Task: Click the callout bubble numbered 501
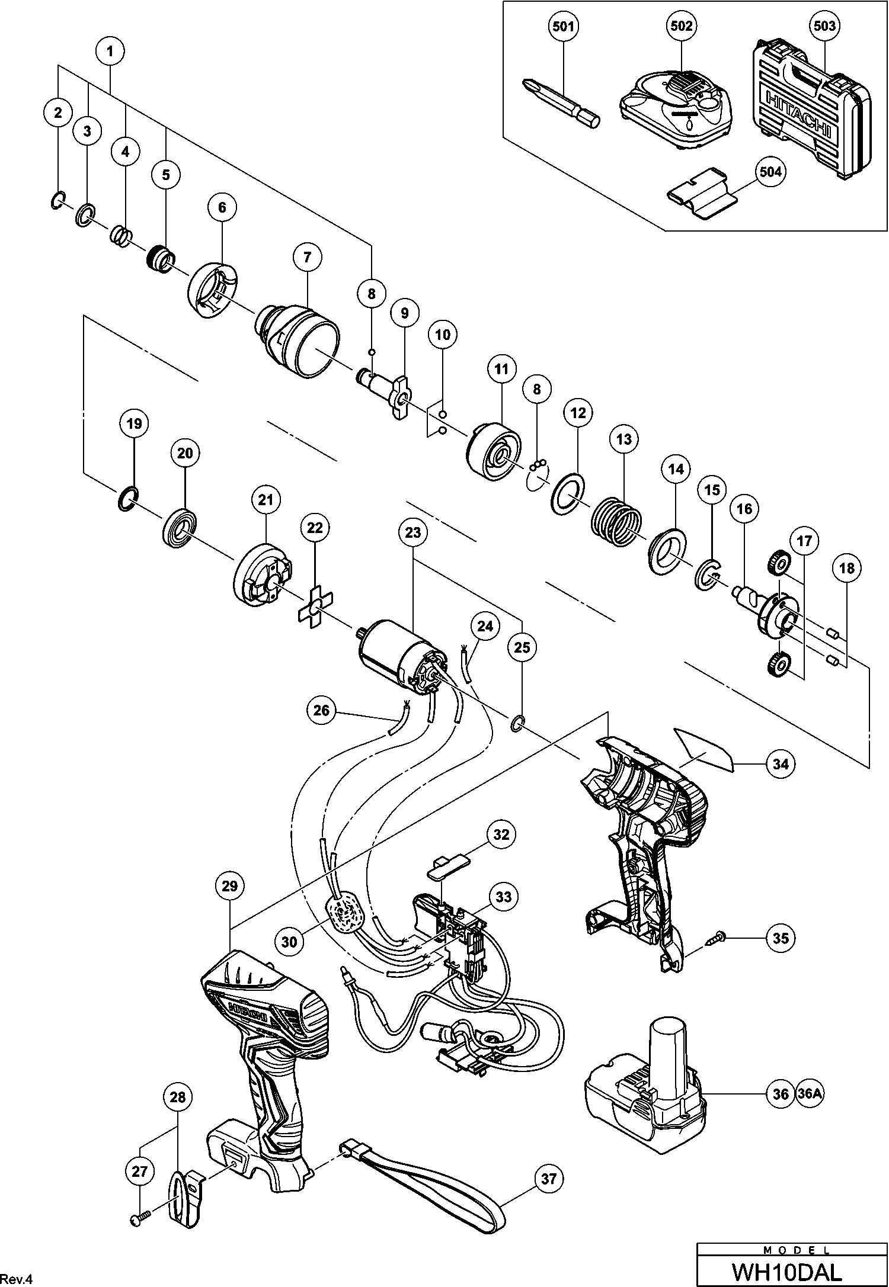tap(563, 27)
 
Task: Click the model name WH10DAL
tap(786, 1270)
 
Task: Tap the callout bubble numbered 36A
tap(810, 1093)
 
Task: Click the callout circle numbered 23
tap(413, 532)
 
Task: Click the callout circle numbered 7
tap(308, 257)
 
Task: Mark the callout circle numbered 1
tap(110, 52)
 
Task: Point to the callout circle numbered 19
tap(135, 423)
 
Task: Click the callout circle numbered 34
tap(781, 764)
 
